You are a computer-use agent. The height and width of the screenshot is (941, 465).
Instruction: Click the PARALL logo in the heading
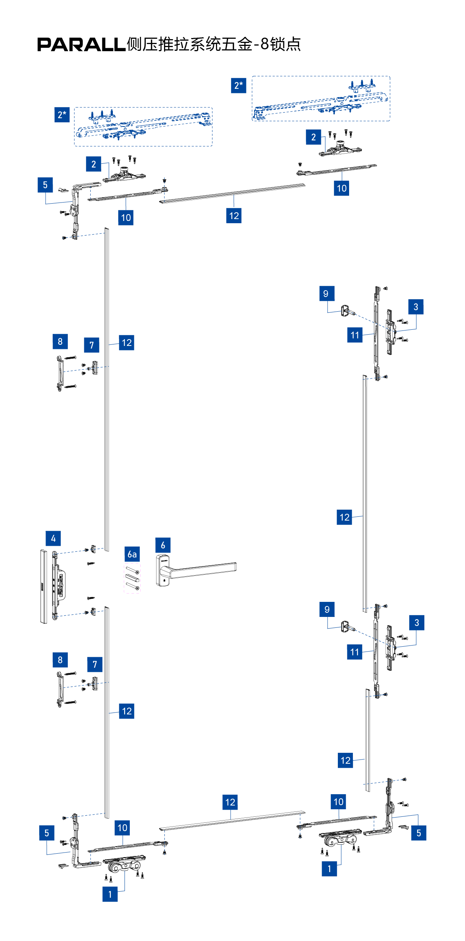[81, 45]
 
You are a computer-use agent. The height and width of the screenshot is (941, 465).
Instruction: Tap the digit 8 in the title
[265, 44]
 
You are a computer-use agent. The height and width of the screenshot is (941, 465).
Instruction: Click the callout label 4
[53, 538]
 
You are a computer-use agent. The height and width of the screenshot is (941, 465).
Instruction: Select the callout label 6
[163, 545]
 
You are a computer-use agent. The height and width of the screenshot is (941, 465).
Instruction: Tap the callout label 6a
[132, 554]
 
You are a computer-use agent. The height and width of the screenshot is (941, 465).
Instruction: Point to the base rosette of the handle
[162, 570]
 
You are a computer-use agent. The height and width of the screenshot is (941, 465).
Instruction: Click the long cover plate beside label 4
[44, 586]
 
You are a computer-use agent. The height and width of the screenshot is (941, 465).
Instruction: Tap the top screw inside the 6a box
[132, 569]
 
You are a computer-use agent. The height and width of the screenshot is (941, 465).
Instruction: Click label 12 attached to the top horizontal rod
[234, 216]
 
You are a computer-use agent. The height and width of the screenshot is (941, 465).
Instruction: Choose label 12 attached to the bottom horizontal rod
[230, 802]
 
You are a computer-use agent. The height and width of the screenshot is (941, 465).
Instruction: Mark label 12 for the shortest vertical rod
[345, 760]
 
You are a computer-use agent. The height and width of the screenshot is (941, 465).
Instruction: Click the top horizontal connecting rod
[232, 193]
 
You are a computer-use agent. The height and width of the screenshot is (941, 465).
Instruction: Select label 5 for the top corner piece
[45, 185]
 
